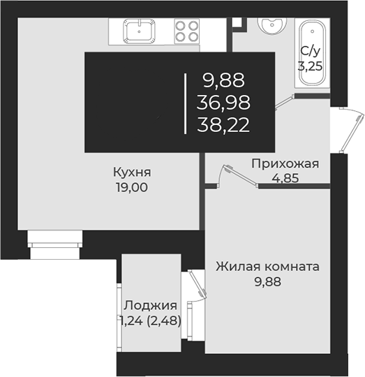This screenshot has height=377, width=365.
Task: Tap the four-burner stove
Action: (x=186, y=31)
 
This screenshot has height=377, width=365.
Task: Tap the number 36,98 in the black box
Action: (x=223, y=103)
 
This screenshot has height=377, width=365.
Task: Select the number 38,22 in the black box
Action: (x=223, y=125)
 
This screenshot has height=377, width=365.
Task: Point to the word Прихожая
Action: (x=285, y=164)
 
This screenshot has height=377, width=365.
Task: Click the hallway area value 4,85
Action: (x=285, y=178)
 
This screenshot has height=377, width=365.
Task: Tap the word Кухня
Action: (x=133, y=172)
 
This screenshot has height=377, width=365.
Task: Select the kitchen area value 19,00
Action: (x=133, y=186)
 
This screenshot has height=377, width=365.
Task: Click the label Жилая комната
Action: (x=267, y=267)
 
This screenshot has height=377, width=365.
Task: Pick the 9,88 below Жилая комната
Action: (x=267, y=282)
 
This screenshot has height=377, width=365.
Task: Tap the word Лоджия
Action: (x=149, y=305)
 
